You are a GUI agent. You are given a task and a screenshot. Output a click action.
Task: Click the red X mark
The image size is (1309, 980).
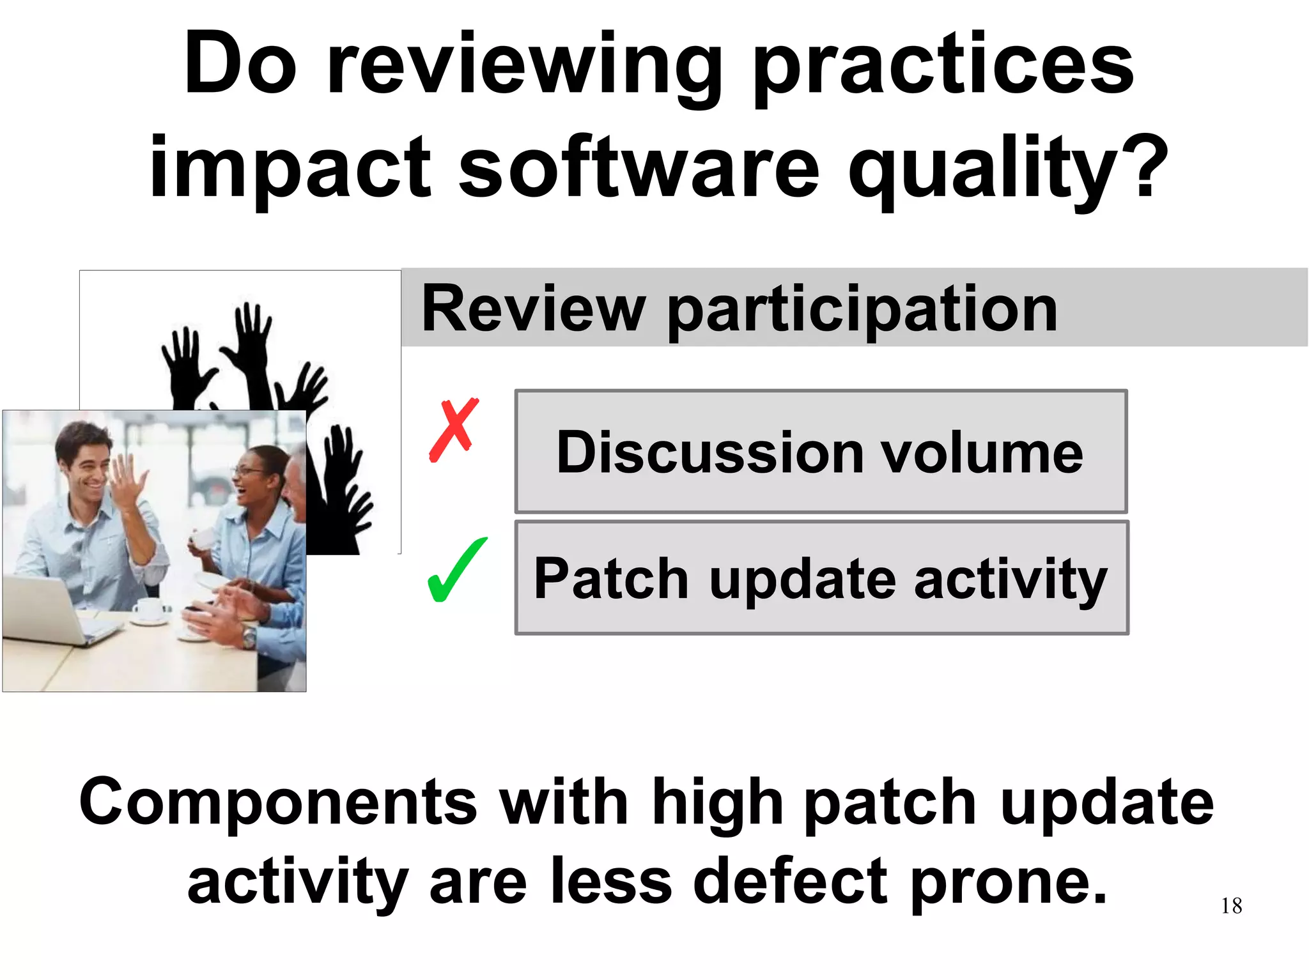tap(453, 429)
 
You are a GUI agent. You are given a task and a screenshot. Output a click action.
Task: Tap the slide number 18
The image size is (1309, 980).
tap(1231, 906)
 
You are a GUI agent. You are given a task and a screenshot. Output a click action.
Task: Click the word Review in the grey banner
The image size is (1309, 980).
tap(533, 309)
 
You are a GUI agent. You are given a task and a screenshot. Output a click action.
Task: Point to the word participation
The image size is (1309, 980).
tap(862, 310)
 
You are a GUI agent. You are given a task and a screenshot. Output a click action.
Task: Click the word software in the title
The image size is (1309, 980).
tap(639, 167)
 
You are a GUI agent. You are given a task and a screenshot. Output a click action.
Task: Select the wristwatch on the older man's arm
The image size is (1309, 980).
tap(248, 636)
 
